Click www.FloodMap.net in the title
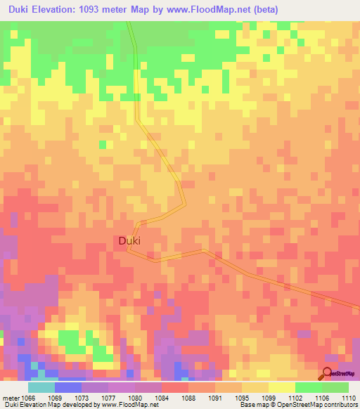pos(212,10)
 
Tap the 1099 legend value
pos(269,397)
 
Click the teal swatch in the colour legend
pos(41,387)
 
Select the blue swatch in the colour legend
pos(68,387)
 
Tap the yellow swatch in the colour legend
pos(282,387)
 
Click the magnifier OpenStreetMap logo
pos(328,374)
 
